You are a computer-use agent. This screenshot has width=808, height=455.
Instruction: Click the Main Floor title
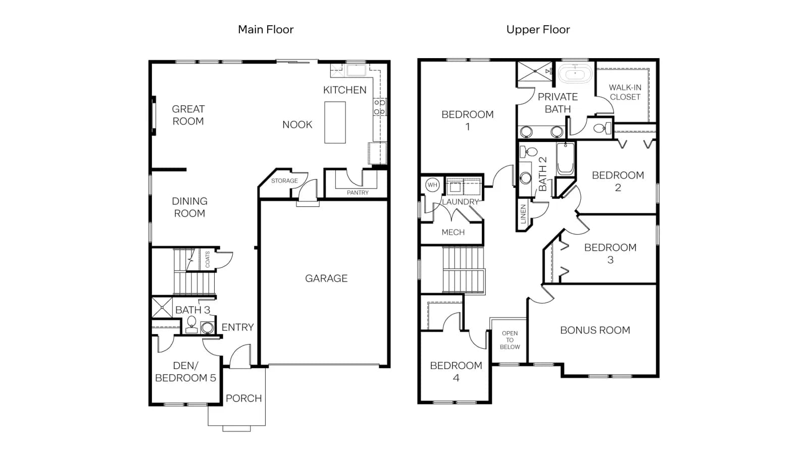266,30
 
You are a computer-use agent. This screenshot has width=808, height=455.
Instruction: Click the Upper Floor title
538,30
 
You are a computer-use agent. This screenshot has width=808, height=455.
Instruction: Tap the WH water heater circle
432,185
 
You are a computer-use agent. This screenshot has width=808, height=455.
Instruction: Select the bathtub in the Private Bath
575,74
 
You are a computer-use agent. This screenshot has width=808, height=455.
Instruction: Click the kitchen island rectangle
335,122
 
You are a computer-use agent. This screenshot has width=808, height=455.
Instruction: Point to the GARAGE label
326,279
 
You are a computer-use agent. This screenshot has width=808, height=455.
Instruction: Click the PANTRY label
358,193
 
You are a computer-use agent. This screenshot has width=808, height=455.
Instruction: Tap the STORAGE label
284,180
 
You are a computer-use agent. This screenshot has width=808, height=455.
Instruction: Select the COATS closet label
208,259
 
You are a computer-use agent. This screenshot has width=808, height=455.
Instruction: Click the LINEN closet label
523,214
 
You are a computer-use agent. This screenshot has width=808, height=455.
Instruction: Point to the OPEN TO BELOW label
510,340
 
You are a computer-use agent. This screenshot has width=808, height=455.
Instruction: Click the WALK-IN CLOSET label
625,92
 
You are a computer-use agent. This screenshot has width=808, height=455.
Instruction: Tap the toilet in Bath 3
191,324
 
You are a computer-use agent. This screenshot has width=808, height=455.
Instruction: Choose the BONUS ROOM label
595,330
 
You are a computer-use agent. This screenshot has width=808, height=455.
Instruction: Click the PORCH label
244,398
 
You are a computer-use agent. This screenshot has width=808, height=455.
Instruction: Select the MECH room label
453,232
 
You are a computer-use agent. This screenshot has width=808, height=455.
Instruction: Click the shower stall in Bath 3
162,308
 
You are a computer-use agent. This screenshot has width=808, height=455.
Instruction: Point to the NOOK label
297,124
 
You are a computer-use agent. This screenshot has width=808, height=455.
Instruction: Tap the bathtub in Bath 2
565,159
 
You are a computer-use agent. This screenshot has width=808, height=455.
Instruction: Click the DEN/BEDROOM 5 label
185,372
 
